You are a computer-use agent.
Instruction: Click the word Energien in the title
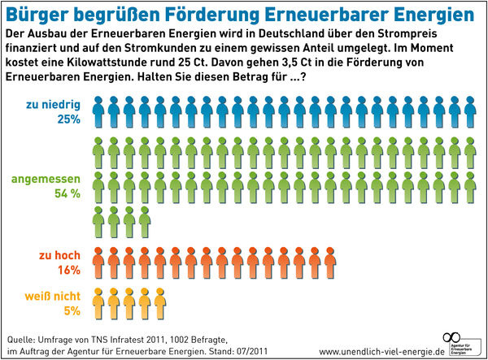click(x=423, y=15)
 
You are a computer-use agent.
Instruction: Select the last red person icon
click(x=329, y=262)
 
